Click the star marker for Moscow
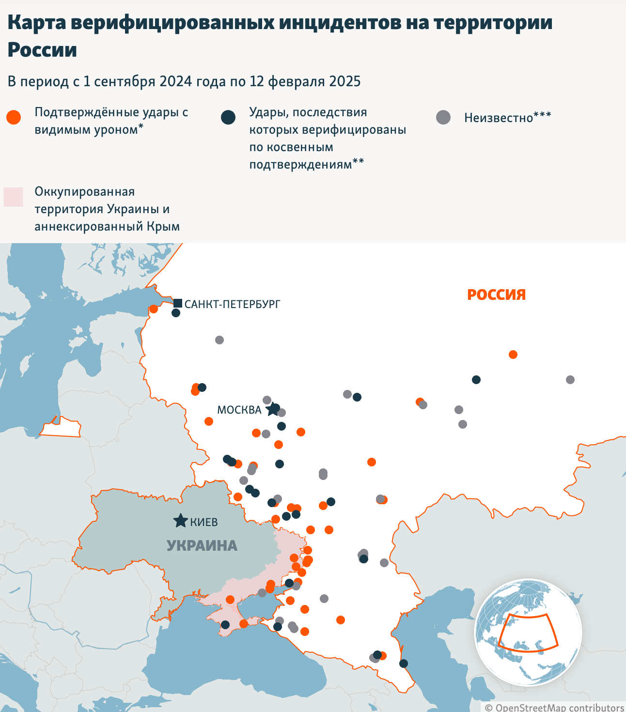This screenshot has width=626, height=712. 273,409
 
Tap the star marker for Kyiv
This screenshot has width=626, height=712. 181,521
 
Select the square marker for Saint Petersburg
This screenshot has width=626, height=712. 178,303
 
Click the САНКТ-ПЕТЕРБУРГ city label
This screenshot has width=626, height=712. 232,304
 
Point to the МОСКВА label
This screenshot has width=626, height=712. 239,410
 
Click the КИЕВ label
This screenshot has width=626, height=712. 203,522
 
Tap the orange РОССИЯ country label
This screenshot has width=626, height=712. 496,294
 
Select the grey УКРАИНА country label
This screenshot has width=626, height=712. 202,545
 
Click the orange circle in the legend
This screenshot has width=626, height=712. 14,117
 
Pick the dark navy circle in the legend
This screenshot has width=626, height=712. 228,117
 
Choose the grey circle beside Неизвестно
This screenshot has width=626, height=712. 443,117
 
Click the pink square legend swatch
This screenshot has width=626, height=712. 14,197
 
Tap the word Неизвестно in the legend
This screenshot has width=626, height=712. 498,118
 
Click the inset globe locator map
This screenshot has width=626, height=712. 528,632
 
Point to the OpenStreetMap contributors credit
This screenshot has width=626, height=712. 554,707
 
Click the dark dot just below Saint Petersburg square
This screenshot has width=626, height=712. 176,313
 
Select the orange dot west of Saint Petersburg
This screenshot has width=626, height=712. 154,309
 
